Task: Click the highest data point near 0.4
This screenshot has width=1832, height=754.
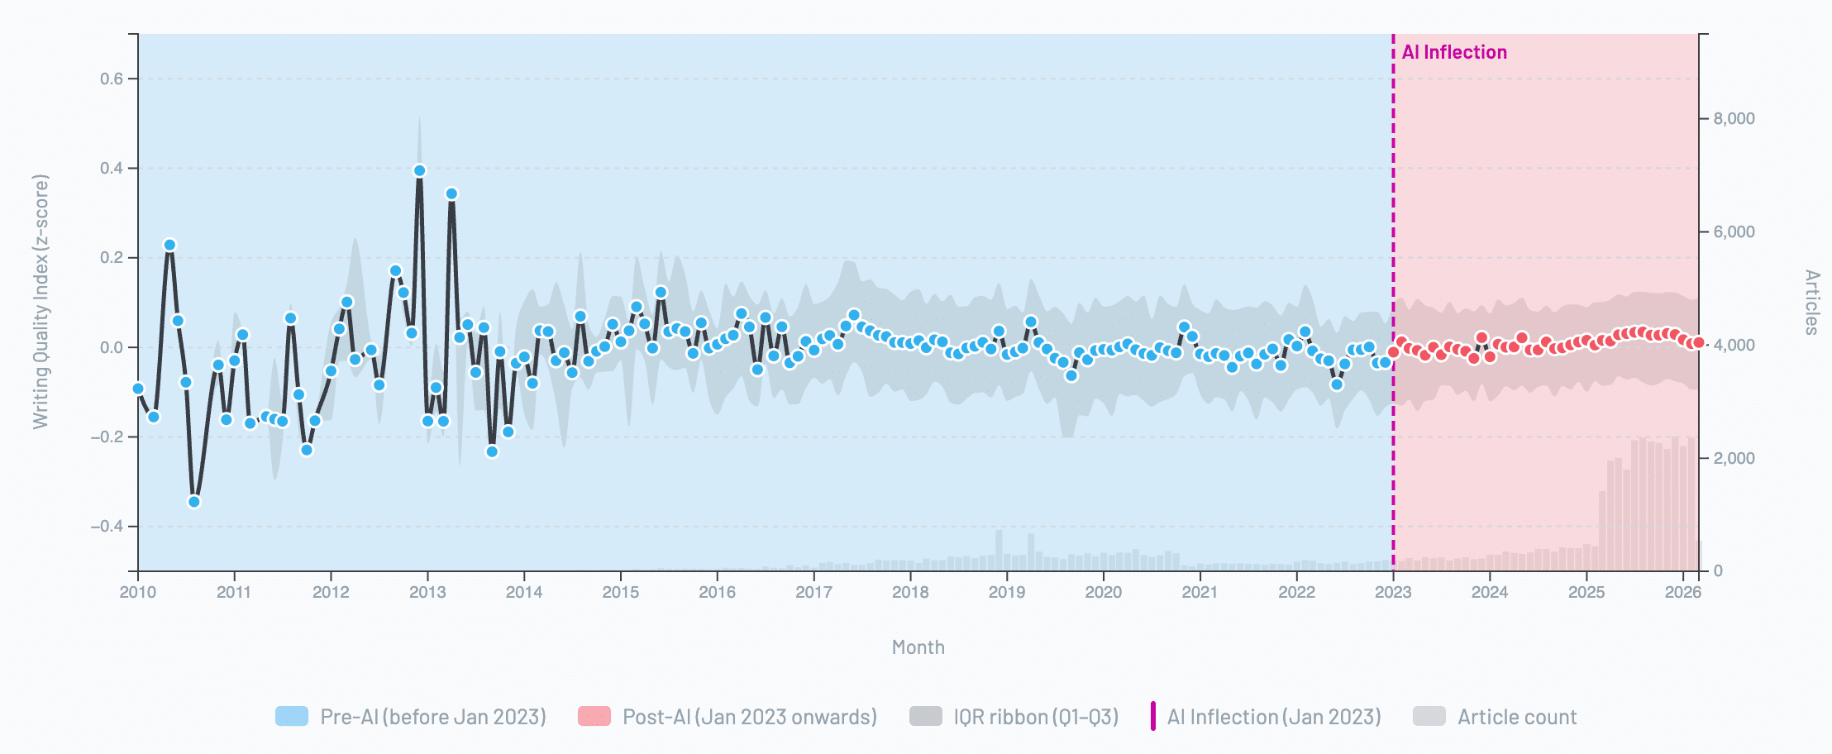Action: click(419, 170)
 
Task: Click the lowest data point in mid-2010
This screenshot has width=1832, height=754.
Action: click(194, 502)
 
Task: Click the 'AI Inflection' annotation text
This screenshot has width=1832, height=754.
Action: click(1454, 52)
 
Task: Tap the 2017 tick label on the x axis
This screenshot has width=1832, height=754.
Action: click(813, 592)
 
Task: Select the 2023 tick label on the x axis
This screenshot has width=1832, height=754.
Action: click(1393, 592)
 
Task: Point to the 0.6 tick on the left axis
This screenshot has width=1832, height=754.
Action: click(112, 79)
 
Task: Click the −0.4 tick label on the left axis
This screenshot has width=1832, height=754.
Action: click(107, 527)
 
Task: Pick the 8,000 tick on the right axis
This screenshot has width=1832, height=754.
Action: click(1734, 119)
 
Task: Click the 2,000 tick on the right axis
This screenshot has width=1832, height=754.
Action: click(1734, 459)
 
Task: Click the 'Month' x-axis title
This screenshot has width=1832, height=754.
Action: click(918, 647)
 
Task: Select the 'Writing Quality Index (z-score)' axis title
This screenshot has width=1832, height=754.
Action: click(41, 302)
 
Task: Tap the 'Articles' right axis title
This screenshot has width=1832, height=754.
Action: click(1811, 302)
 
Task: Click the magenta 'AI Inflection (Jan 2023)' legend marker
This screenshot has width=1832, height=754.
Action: click(1153, 716)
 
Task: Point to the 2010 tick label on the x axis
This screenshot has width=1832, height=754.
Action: click(137, 592)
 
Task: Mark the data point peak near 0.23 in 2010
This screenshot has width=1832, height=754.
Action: click(169, 245)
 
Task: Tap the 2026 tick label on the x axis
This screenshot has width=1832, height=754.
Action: click(1682, 592)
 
